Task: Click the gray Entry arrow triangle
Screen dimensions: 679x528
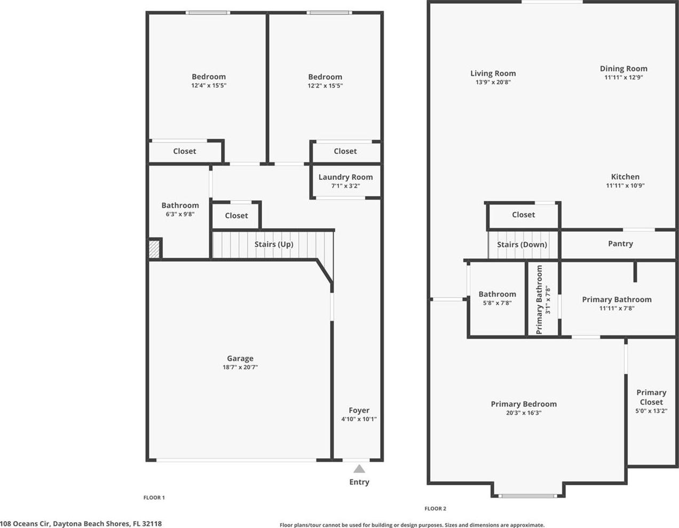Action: [359, 469]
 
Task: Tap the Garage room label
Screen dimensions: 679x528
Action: [240, 359]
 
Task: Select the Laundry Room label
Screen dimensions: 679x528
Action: [345, 177]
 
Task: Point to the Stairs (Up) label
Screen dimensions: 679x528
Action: [274, 245]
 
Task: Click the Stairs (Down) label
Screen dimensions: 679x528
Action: [522, 245]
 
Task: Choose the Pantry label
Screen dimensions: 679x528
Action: [621, 243]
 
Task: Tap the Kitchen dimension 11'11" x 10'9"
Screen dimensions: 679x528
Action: [625, 186]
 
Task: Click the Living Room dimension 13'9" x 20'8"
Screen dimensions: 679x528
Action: [493, 82]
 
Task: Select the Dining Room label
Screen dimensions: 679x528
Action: [623, 69]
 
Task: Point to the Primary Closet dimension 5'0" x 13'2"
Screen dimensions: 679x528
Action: [651, 411]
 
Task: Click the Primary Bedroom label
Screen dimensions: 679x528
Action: [524, 404]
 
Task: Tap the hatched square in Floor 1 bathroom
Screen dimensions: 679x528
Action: [154, 249]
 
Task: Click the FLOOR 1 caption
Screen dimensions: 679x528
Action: [154, 498]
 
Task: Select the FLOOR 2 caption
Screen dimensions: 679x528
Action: [435, 509]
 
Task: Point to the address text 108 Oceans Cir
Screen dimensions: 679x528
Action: [25, 524]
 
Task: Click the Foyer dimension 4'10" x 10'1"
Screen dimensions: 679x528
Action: [359, 419]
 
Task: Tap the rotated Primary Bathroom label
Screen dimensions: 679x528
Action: [539, 300]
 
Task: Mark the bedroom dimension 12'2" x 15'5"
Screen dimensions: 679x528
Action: [325, 85]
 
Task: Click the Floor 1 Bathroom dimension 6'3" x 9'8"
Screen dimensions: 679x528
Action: [180, 214]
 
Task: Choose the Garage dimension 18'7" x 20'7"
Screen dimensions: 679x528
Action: [240, 367]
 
